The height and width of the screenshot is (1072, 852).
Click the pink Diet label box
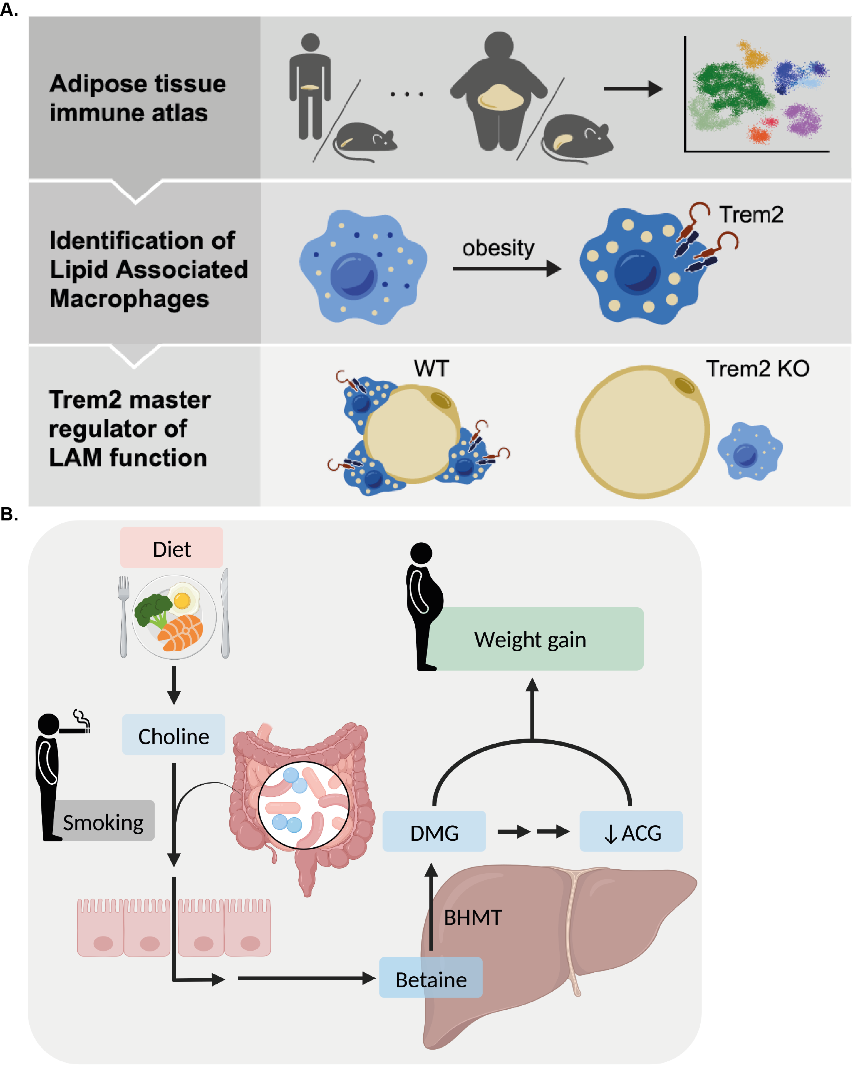[171, 548]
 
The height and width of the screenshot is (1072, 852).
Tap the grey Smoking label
[103, 822]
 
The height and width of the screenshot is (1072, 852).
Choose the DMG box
[434, 832]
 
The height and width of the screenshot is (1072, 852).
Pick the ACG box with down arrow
[631, 832]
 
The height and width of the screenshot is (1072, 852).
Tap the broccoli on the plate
[152, 609]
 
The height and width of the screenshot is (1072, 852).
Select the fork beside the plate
[123, 616]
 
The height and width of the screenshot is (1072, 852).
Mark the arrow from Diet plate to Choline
[173, 685]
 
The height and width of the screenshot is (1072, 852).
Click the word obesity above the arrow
[498, 248]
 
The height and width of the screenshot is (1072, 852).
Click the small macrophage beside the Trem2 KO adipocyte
[750, 452]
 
